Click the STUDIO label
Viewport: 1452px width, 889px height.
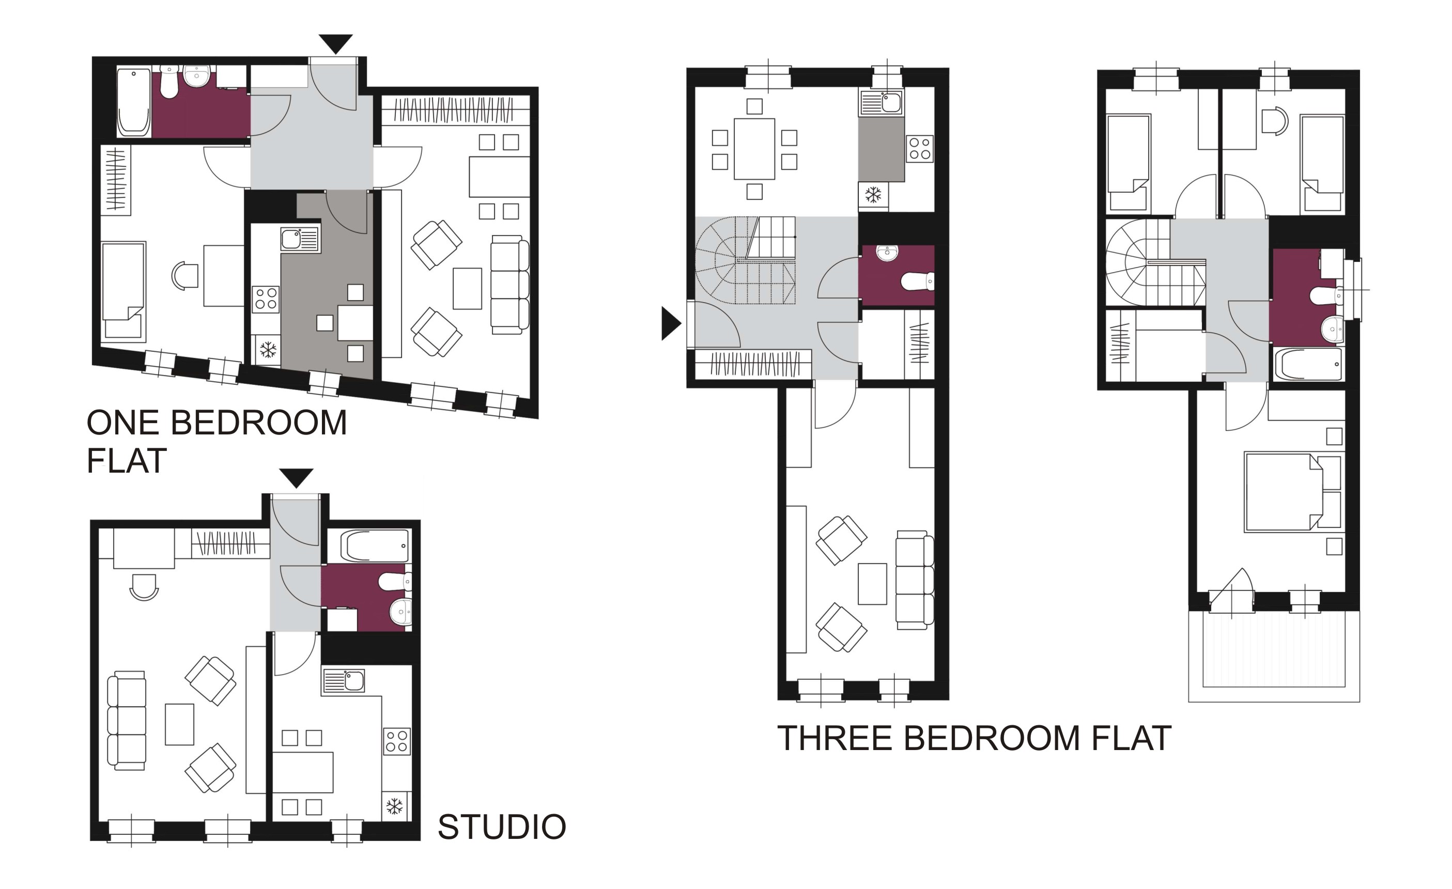pos(501,826)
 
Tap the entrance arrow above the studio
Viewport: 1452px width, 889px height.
pos(296,478)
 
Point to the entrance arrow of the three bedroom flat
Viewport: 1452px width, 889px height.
pos(671,323)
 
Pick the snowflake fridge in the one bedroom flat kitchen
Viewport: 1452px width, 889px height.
pos(268,350)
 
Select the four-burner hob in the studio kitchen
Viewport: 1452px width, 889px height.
pos(397,741)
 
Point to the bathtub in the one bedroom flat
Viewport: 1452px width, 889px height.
pos(134,102)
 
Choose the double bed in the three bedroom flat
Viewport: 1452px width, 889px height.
pos(1293,491)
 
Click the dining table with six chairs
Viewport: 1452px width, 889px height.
pos(754,149)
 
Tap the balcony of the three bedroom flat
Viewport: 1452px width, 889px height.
pos(1273,656)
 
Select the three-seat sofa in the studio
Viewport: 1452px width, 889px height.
pos(127,720)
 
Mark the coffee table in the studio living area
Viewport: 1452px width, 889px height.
pos(179,724)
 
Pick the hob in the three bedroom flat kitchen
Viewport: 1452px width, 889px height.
pos(920,148)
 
